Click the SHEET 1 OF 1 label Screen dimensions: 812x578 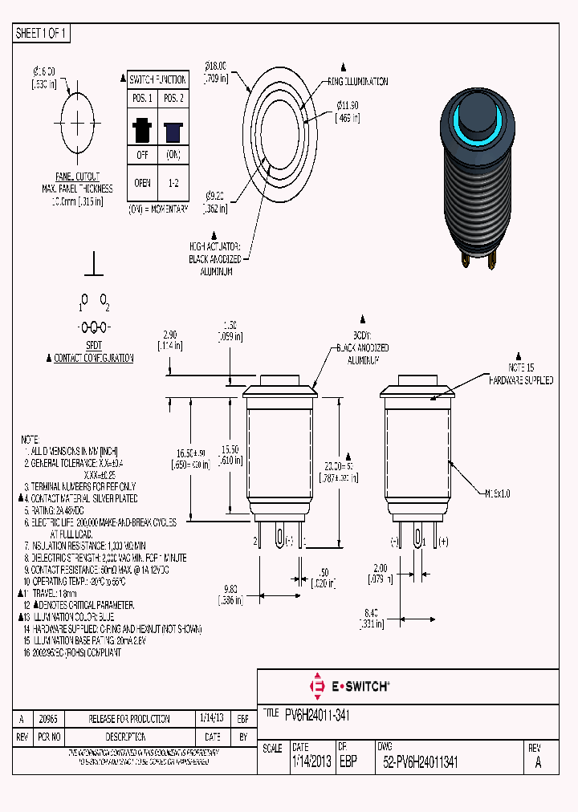pos(42,34)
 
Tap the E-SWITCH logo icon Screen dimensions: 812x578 pos(315,686)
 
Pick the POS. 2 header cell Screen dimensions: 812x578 pos(172,97)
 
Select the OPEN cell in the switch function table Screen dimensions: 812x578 pos(142,182)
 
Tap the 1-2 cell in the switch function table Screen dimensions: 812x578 pos(172,182)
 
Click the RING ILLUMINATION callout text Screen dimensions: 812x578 pos(357,82)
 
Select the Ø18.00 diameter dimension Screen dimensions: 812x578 pos(217,66)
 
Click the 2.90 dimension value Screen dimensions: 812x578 pos(169,334)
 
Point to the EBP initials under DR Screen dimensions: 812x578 pos(348,763)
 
